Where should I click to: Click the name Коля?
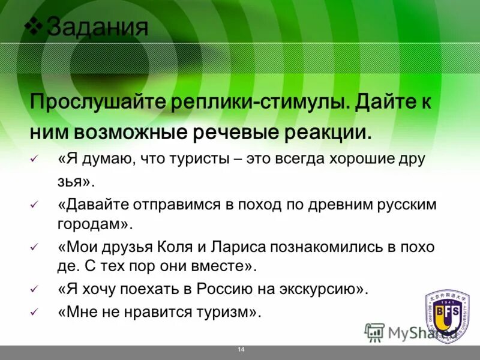click(x=178, y=247)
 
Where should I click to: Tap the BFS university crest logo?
click(x=448, y=311)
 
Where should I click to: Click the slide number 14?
click(x=241, y=349)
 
